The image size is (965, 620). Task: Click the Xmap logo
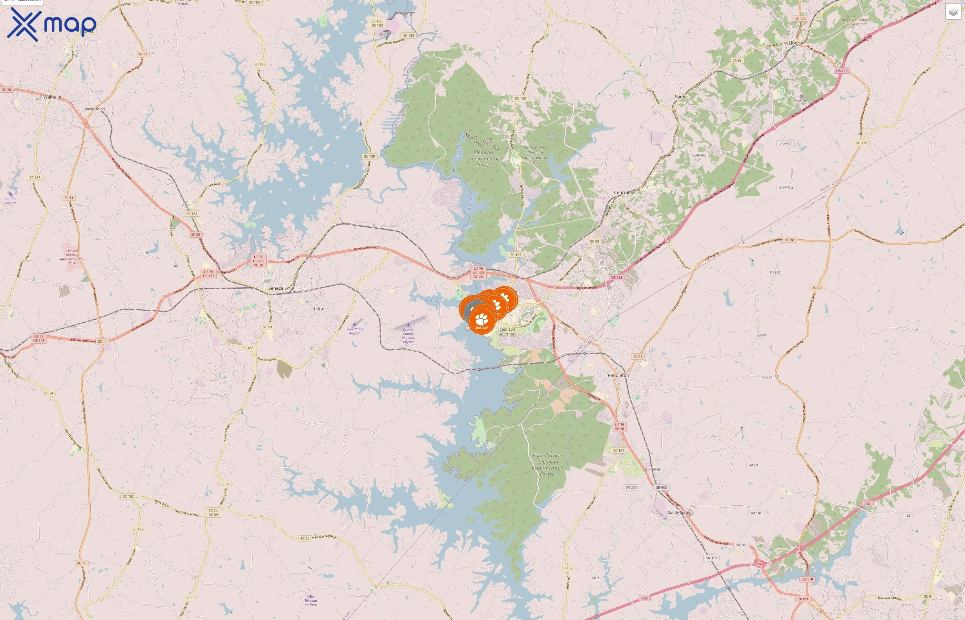point(52,24)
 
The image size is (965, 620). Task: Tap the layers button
point(953,12)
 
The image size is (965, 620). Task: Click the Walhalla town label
point(52,97)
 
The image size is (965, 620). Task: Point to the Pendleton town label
point(618,375)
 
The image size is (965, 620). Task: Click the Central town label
point(621,193)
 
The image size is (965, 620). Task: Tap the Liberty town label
point(795,43)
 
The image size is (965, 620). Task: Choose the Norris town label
point(680,97)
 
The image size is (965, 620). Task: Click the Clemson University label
point(507,332)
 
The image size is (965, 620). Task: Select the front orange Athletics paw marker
point(482,320)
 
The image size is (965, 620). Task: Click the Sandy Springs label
point(680,513)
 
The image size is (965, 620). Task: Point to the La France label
point(651,469)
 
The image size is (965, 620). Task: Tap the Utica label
point(318,309)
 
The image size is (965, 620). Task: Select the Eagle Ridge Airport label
point(354,331)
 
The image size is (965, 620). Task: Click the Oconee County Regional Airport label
point(408,335)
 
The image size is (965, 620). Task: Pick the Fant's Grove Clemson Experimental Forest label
point(547,465)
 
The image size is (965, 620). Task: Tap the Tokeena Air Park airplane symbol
point(311,596)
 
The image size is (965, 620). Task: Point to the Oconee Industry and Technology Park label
point(72,257)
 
